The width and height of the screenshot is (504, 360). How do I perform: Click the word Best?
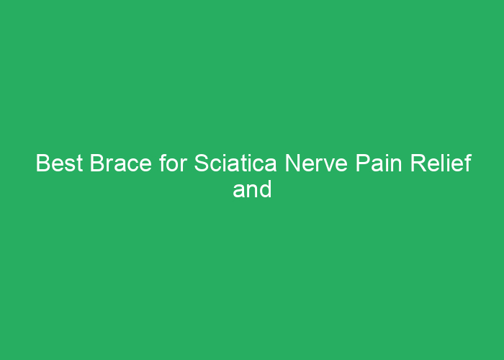click(x=60, y=163)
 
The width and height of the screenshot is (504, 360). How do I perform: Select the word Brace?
click(x=120, y=163)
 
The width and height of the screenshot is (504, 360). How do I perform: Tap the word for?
click(x=173, y=163)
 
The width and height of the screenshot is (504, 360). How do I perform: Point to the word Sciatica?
click(x=235, y=163)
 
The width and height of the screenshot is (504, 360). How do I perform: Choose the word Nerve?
click(x=316, y=163)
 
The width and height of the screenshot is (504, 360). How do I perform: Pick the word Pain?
click(x=379, y=163)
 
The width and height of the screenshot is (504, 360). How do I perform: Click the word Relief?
click(x=441, y=163)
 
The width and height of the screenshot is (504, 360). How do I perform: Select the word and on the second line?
click(x=252, y=189)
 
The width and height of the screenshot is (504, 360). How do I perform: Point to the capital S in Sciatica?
click(x=202, y=163)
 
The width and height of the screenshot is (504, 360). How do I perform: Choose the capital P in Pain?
click(x=362, y=163)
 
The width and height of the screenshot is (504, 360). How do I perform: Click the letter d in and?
click(x=266, y=189)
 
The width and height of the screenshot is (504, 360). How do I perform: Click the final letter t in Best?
click(x=80, y=164)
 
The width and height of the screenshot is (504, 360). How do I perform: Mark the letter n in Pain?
click(x=396, y=165)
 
